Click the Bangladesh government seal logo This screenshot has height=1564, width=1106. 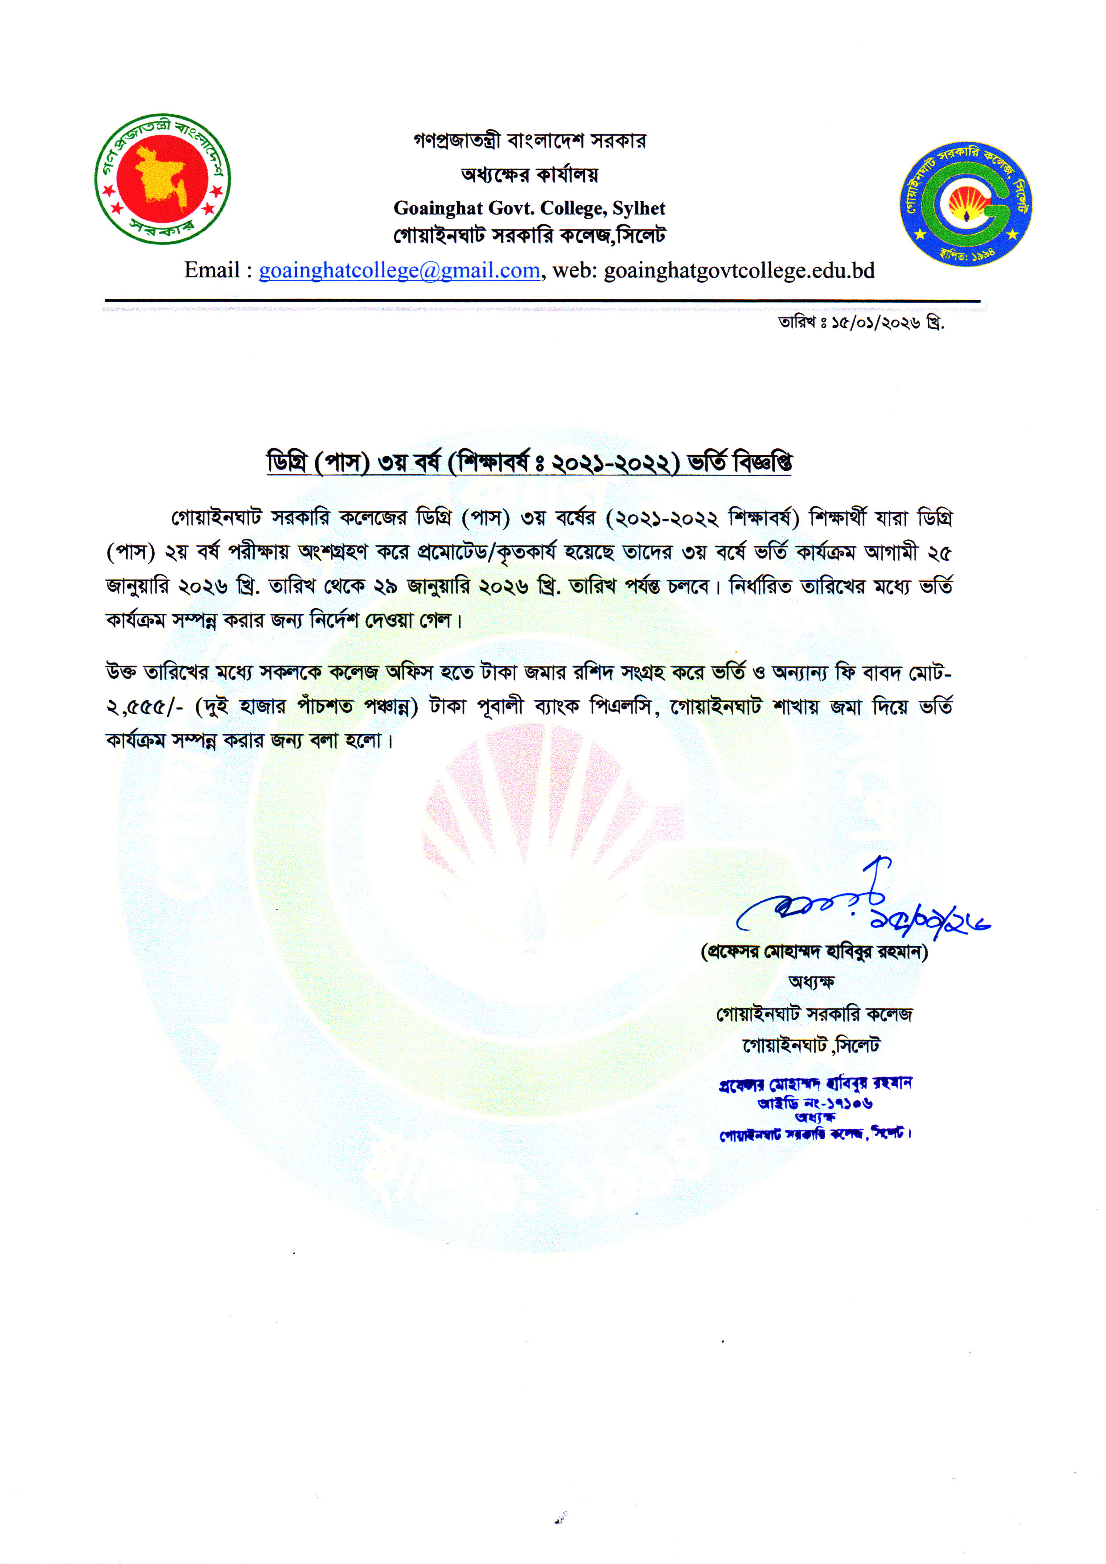pyautogui.click(x=162, y=178)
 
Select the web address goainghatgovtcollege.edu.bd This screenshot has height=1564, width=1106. pyautogui.click(x=739, y=270)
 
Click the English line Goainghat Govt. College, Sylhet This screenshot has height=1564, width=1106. pyautogui.click(x=529, y=208)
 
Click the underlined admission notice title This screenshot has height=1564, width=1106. pyautogui.click(x=529, y=462)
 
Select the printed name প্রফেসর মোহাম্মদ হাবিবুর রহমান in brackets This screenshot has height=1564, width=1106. pyautogui.click(x=814, y=952)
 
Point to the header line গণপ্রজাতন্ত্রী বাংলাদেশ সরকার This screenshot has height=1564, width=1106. pyautogui.click(x=529, y=141)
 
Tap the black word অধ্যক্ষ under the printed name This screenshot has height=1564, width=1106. pyautogui.click(x=811, y=982)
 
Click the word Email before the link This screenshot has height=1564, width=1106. pyautogui.click(x=212, y=270)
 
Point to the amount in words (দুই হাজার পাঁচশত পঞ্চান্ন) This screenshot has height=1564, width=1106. pyautogui.click(x=306, y=707)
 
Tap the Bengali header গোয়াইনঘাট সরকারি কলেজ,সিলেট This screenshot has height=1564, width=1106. pyautogui.click(x=529, y=236)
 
